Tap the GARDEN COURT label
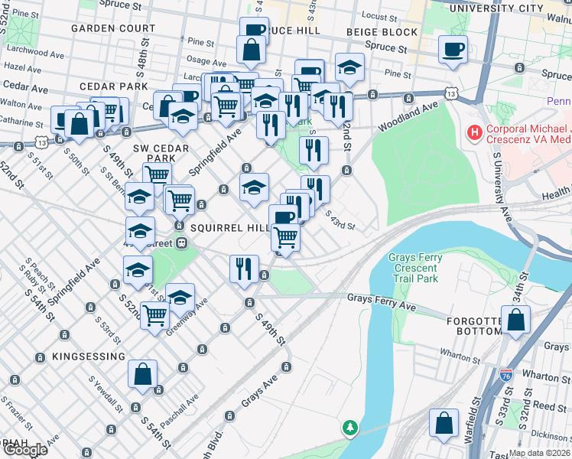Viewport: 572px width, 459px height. [x=113, y=28]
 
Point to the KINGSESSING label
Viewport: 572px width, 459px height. [x=89, y=356]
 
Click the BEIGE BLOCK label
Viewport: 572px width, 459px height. [x=382, y=32]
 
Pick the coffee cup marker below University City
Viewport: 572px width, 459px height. [x=453, y=50]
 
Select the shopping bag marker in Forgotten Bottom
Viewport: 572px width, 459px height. [x=516, y=320]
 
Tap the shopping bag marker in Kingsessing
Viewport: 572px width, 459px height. [x=142, y=373]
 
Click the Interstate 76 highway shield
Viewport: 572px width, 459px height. [x=505, y=374]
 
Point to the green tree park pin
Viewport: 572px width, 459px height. [x=350, y=427]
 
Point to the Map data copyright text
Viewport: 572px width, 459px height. [x=539, y=453]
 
